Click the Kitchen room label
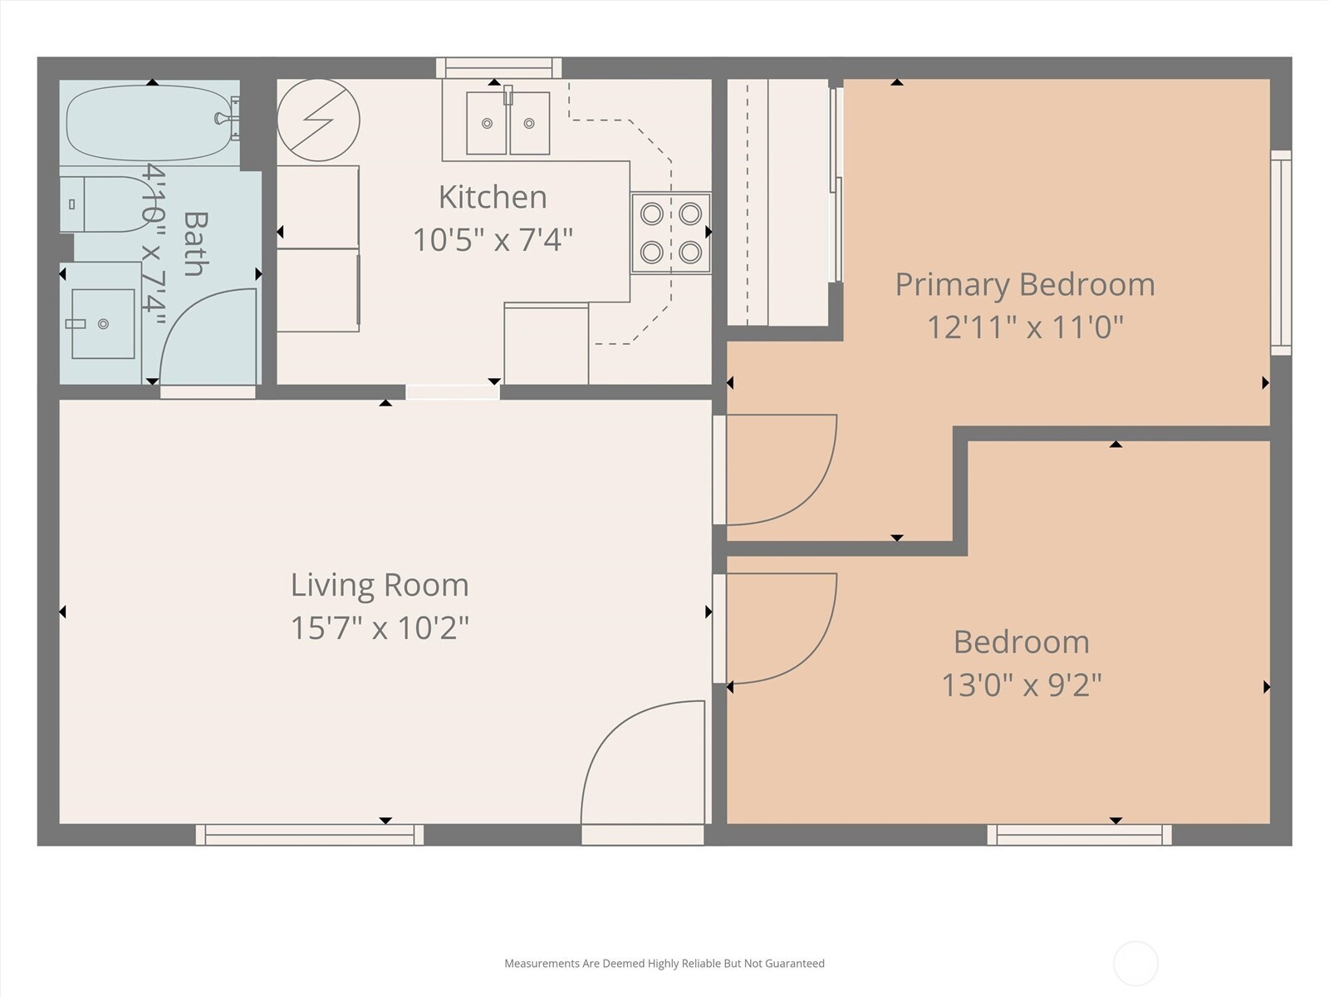493,198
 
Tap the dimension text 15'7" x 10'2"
380,628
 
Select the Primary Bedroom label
1025,285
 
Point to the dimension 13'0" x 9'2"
1022,685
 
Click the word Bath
195,243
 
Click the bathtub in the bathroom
150,122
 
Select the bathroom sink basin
103,323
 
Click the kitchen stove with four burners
671,233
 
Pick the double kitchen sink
508,123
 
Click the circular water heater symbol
318,120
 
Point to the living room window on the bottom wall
309,835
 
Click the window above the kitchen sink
499,68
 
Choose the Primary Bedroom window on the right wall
1281,253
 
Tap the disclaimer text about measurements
664,963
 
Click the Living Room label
380,586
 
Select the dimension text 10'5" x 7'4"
493,240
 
